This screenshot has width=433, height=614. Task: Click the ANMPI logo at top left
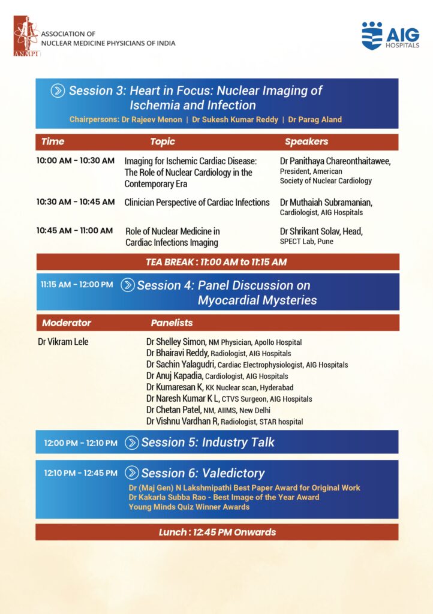click(x=26, y=36)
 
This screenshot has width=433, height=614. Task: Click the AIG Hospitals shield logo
click(x=372, y=36)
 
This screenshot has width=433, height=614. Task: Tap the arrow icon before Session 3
click(x=58, y=91)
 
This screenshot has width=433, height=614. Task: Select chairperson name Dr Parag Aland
click(x=315, y=119)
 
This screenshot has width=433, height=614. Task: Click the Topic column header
click(x=163, y=142)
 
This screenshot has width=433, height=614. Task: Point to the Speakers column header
click(x=306, y=142)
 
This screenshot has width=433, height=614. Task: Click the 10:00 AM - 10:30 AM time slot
click(x=75, y=161)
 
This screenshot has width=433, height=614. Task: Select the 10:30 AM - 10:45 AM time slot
click(x=75, y=202)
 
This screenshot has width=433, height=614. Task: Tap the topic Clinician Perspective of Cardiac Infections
click(x=197, y=203)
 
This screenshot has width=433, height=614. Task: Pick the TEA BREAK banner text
click(x=217, y=261)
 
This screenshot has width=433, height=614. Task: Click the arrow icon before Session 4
click(x=128, y=285)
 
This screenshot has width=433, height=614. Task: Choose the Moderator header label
click(x=67, y=323)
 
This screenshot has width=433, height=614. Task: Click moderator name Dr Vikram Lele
click(x=63, y=342)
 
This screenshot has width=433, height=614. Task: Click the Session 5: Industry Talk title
click(x=208, y=443)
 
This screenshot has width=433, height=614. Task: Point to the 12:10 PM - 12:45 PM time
click(x=80, y=473)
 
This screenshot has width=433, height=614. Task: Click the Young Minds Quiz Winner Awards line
click(x=189, y=507)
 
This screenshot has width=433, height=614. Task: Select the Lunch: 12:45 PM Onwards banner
click(x=217, y=532)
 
